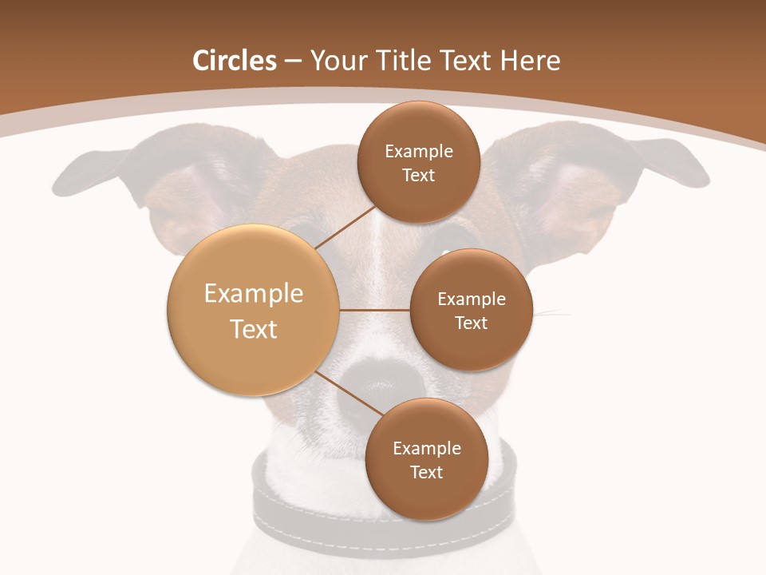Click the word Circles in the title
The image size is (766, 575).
[235, 61]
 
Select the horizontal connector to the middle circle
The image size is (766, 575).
[374, 310]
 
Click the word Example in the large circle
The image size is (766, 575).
[254, 294]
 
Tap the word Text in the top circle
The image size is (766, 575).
[418, 176]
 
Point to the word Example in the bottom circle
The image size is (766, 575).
[426, 449]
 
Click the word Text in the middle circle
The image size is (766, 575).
[471, 323]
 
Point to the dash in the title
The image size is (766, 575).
[293, 61]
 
